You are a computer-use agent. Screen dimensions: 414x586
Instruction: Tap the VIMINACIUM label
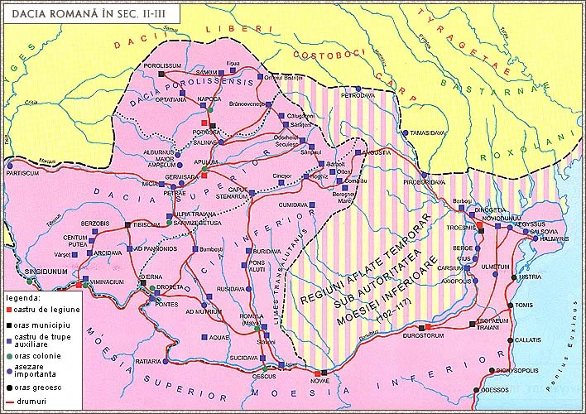[106, 281]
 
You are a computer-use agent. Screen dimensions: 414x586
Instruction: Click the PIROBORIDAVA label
[421, 181]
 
